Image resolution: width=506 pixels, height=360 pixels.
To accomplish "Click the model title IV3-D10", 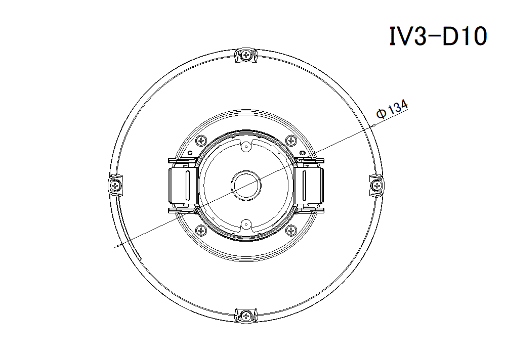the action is coord(438,36).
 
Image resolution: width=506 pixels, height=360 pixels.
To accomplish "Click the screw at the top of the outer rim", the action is coord(246,55).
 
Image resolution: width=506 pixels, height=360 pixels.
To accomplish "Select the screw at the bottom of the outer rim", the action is coord(246,316).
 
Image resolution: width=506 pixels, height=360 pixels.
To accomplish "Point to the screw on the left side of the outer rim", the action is coord(115,185).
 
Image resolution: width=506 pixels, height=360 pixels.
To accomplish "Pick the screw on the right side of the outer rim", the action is coord(376,185).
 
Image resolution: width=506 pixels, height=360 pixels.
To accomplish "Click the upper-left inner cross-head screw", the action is coord(201,141).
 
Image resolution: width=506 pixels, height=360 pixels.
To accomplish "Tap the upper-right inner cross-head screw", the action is coord(291,141).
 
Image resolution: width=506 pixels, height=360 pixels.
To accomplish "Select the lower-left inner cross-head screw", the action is coord(201,231).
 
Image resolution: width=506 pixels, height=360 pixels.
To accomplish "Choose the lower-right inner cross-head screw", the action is coord(291,231).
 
